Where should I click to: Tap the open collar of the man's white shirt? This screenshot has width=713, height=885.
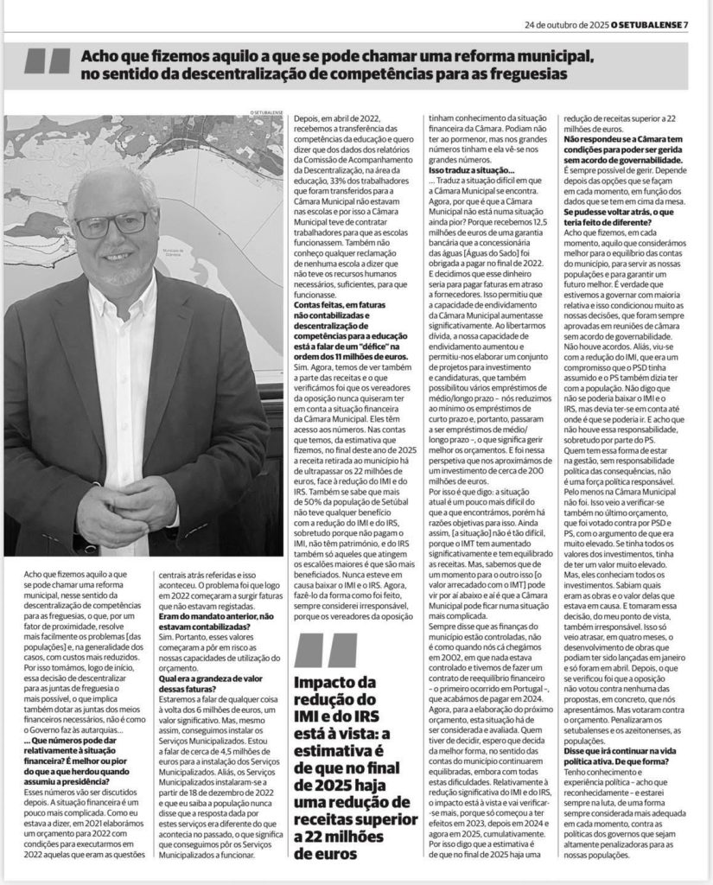(x=121, y=298)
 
